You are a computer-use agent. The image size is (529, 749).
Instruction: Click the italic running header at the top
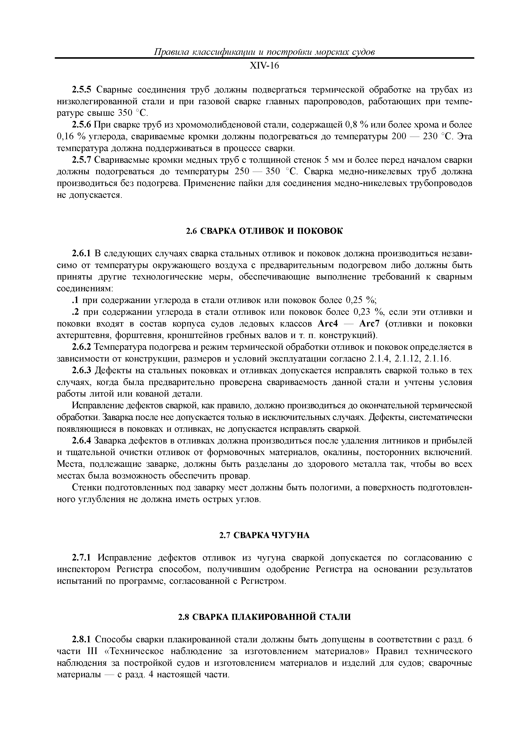[264, 52]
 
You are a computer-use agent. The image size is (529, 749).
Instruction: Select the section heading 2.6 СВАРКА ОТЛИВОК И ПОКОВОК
[264, 231]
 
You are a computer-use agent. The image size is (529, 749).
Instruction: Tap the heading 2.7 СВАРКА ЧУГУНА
[264, 535]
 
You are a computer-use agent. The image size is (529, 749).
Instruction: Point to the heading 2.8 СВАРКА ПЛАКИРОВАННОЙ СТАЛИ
[264, 617]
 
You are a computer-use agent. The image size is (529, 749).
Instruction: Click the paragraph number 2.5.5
[82, 90]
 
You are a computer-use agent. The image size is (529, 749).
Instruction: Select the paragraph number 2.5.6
[82, 125]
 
